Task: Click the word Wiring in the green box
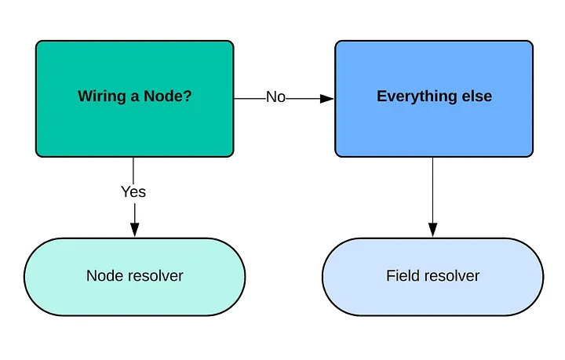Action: coord(102,96)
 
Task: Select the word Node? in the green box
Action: coord(168,96)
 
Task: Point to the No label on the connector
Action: coord(275,97)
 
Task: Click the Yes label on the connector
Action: coord(133,192)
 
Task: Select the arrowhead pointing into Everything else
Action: coord(326,98)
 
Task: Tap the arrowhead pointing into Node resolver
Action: coord(135,230)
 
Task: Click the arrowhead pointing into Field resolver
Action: coord(432,230)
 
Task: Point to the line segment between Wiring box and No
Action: coord(250,98)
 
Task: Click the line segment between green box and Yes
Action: coord(133,171)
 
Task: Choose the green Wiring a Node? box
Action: coord(135,99)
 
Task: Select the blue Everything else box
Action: coord(434,99)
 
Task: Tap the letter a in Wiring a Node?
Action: coord(135,97)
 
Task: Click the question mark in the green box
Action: coord(188,96)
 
